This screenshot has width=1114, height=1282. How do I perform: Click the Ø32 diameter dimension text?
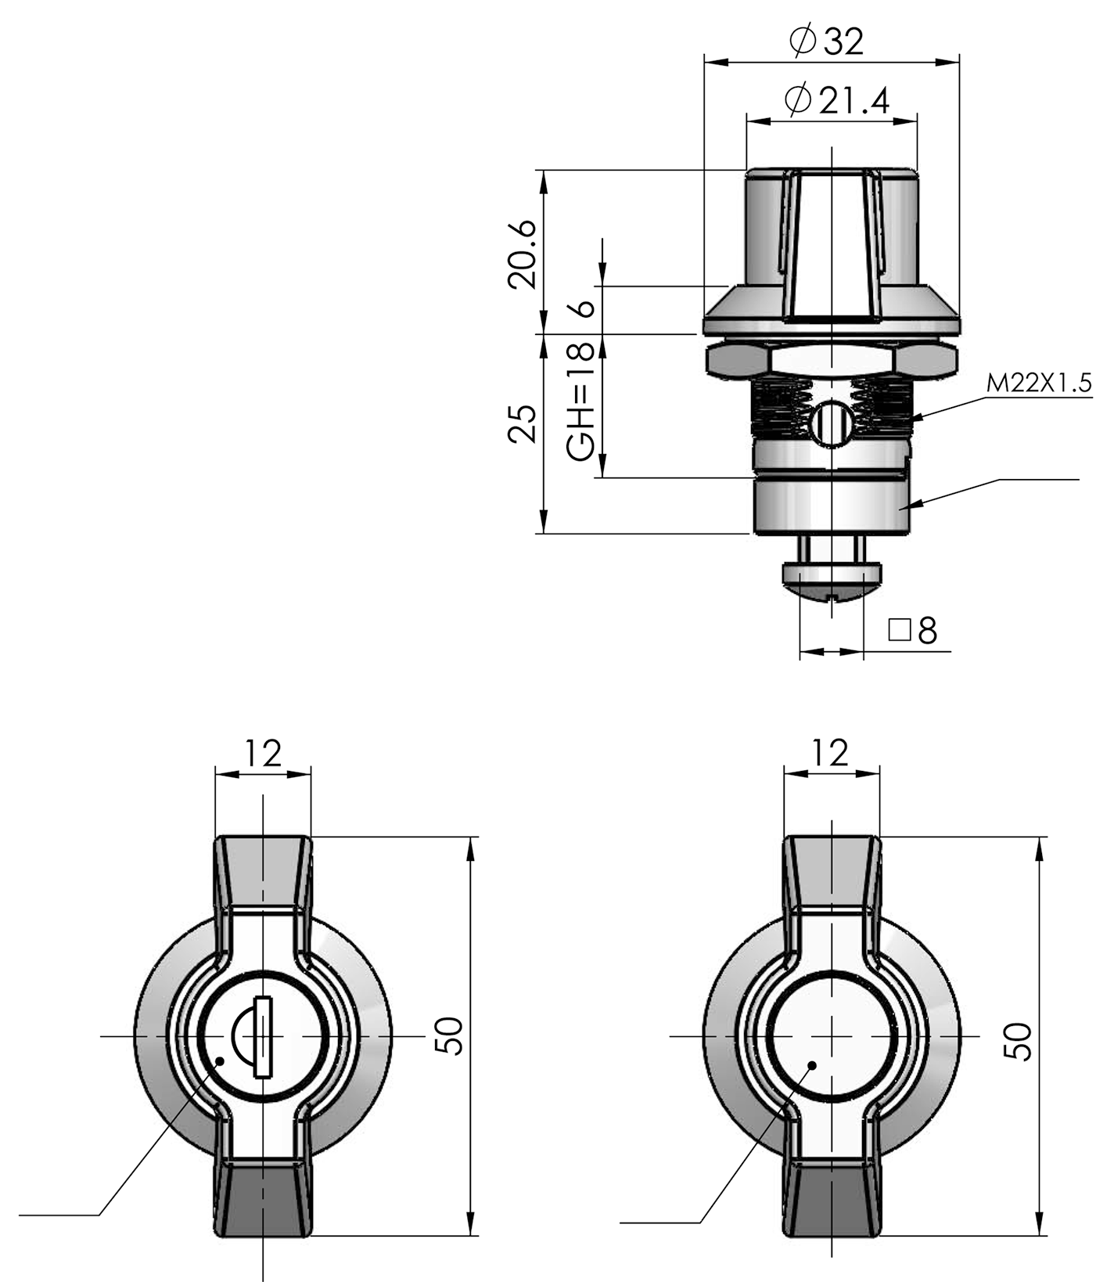(x=828, y=41)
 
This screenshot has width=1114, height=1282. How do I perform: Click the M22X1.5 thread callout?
(x=1038, y=384)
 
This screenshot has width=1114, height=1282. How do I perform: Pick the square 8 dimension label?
(x=914, y=629)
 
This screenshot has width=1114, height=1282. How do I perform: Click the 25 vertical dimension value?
(x=523, y=424)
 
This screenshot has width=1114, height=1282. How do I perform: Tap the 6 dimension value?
(x=583, y=308)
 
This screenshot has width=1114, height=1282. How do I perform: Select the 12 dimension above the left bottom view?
(x=262, y=754)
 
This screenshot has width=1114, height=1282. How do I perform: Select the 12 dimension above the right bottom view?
(x=830, y=754)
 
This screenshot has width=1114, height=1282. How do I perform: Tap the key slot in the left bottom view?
(x=263, y=1037)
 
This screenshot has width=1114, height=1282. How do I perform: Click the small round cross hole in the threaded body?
(x=830, y=424)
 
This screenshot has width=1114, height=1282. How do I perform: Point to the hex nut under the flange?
(x=831, y=361)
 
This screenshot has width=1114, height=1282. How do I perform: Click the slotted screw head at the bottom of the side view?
(x=831, y=580)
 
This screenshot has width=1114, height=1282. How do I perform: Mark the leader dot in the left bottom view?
(x=221, y=1061)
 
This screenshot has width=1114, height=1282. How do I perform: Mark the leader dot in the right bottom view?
(x=813, y=1065)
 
